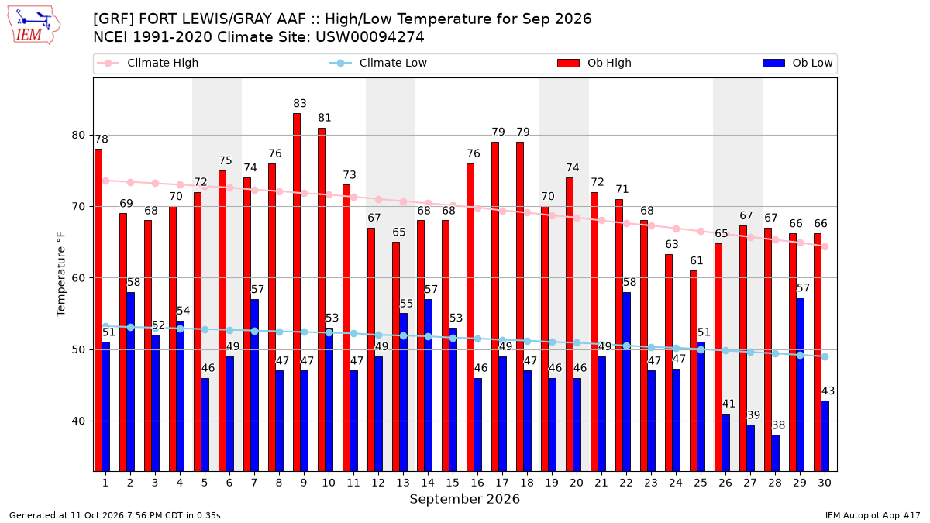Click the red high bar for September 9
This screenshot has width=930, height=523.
coord(296,292)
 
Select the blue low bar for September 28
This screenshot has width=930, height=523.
coord(775,452)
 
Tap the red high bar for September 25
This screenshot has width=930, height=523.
coord(694,370)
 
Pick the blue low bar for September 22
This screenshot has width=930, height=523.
coord(626,381)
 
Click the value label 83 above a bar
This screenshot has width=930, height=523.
coord(300,103)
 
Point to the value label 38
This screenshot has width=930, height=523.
coord(778,425)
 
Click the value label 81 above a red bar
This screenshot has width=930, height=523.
coord(325,118)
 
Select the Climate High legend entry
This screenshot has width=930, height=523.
coord(147,63)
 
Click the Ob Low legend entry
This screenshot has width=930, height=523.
coord(797,63)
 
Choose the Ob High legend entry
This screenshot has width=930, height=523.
coord(594,63)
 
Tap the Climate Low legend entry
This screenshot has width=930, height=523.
coord(378,63)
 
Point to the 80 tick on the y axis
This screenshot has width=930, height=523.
coord(78,136)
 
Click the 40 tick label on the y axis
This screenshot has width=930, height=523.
coord(78,421)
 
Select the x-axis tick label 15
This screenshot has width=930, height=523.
coord(453,483)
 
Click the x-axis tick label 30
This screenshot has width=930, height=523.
coord(825,483)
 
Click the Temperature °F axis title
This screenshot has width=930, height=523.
coord(61,274)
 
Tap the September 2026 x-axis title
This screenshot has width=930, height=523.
coord(464,499)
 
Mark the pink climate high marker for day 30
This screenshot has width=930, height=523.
coord(825,247)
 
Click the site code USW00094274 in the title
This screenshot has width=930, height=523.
coord(370,37)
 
